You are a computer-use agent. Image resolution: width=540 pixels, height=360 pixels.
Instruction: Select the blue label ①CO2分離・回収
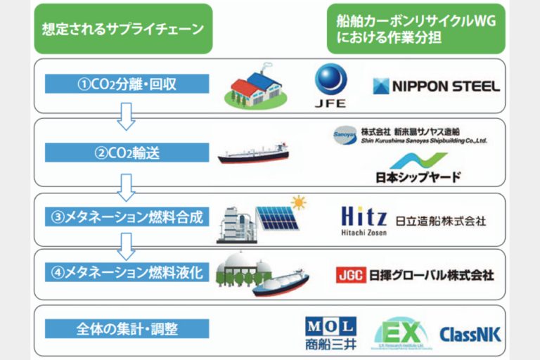coord(127,84)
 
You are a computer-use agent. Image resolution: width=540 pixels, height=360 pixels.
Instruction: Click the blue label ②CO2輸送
coord(127,151)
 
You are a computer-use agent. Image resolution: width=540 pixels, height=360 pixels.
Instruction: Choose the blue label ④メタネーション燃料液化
coord(127,271)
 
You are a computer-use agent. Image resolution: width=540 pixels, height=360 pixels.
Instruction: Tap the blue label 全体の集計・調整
coord(127,328)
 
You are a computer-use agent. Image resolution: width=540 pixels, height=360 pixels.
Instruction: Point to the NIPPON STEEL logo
coord(436,86)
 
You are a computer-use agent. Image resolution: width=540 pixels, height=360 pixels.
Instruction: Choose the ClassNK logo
coord(470,333)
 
